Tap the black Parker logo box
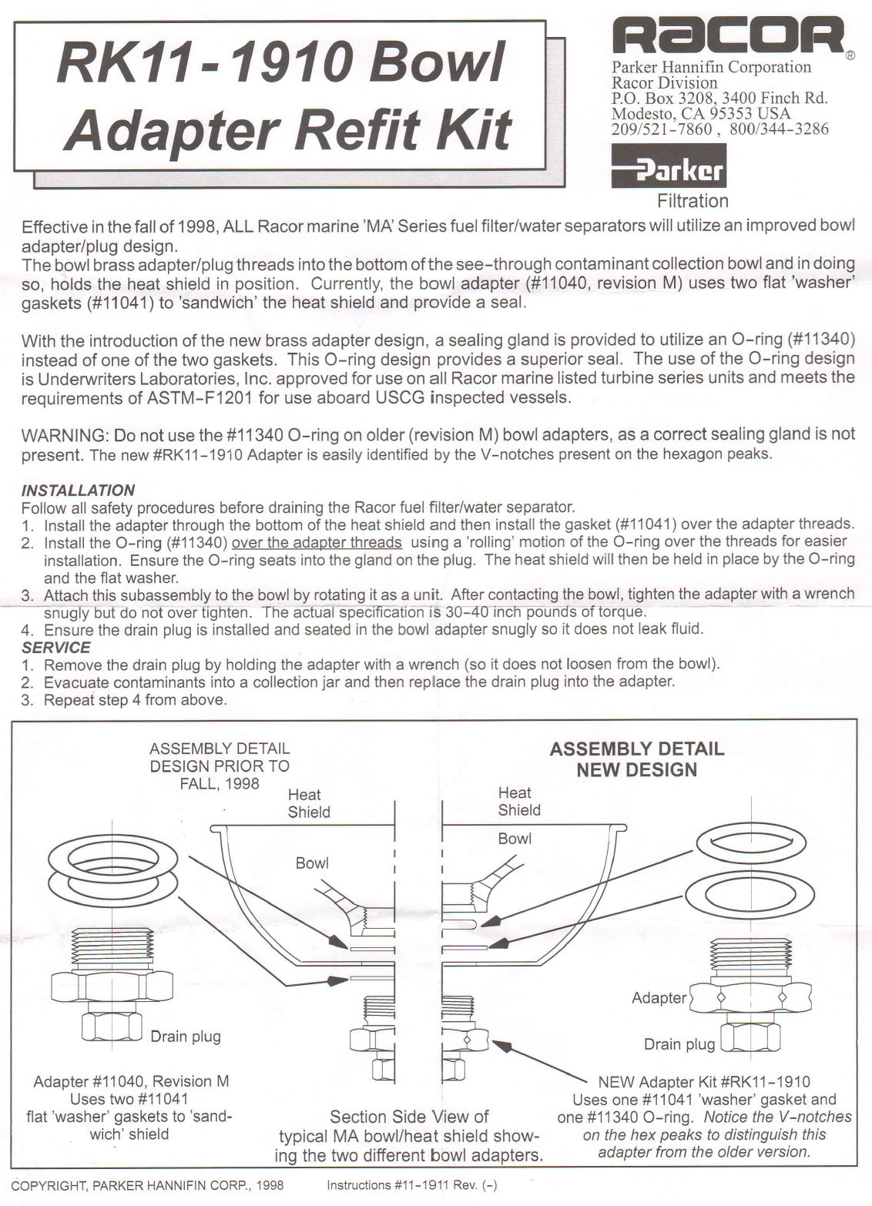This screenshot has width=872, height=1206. pyautogui.click(x=669, y=166)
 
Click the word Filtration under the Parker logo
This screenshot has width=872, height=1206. pyautogui.click(x=692, y=201)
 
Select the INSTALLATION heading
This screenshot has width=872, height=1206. pyautogui.click(x=78, y=491)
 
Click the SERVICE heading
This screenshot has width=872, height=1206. pyautogui.click(x=56, y=647)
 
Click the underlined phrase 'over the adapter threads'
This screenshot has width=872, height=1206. pyautogui.click(x=317, y=542)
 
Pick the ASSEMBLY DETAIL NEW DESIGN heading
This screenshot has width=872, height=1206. pyautogui.click(x=636, y=759)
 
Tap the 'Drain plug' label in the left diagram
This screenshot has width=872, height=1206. pyautogui.click(x=186, y=1037)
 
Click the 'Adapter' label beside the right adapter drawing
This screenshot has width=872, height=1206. pyautogui.click(x=659, y=998)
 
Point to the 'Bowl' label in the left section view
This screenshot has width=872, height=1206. pyautogui.click(x=312, y=863)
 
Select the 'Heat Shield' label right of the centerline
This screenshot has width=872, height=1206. pyautogui.click(x=519, y=801)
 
